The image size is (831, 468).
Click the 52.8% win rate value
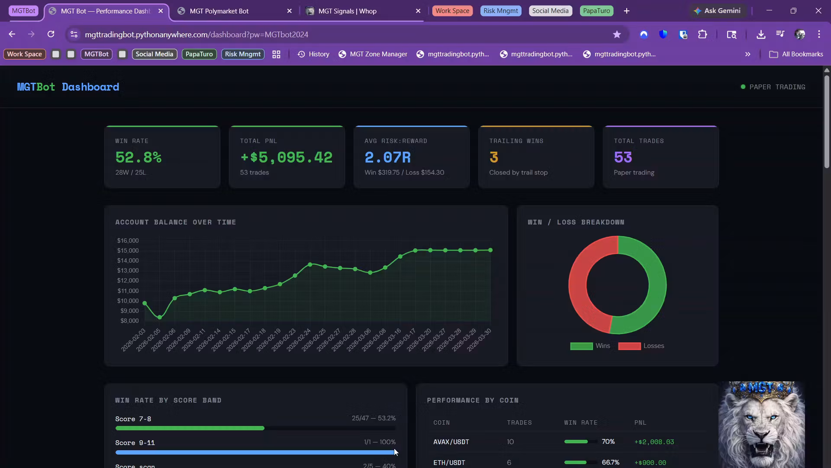pyautogui.click(x=138, y=157)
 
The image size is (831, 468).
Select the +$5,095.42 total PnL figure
pyautogui.click(x=286, y=157)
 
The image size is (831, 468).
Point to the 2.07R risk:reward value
pyautogui.click(x=387, y=157)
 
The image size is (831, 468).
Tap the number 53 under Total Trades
pyautogui.click(x=623, y=157)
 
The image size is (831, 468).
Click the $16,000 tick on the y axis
pyautogui.click(x=128, y=240)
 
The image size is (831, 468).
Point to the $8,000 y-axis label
pyautogui.click(x=129, y=321)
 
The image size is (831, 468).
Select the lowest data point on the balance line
pyautogui.click(x=160, y=318)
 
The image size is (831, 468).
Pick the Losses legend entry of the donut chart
pyautogui.click(x=641, y=346)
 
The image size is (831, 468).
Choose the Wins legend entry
pyautogui.click(x=590, y=346)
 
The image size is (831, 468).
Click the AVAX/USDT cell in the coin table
pyautogui.click(x=451, y=442)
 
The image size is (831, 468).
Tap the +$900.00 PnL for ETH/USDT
pyautogui.click(x=650, y=463)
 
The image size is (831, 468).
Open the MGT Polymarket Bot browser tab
pyautogui.click(x=219, y=11)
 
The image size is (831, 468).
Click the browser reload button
pyautogui.click(x=51, y=34)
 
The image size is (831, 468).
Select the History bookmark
pyautogui.click(x=313, y=54)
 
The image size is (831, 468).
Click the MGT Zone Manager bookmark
pyautogui.click(x=373, y=54)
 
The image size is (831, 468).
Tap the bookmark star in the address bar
pyautogui.click(x=617, y=34)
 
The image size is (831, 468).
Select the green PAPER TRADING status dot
pyautogui.click(x=743, y=87)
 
